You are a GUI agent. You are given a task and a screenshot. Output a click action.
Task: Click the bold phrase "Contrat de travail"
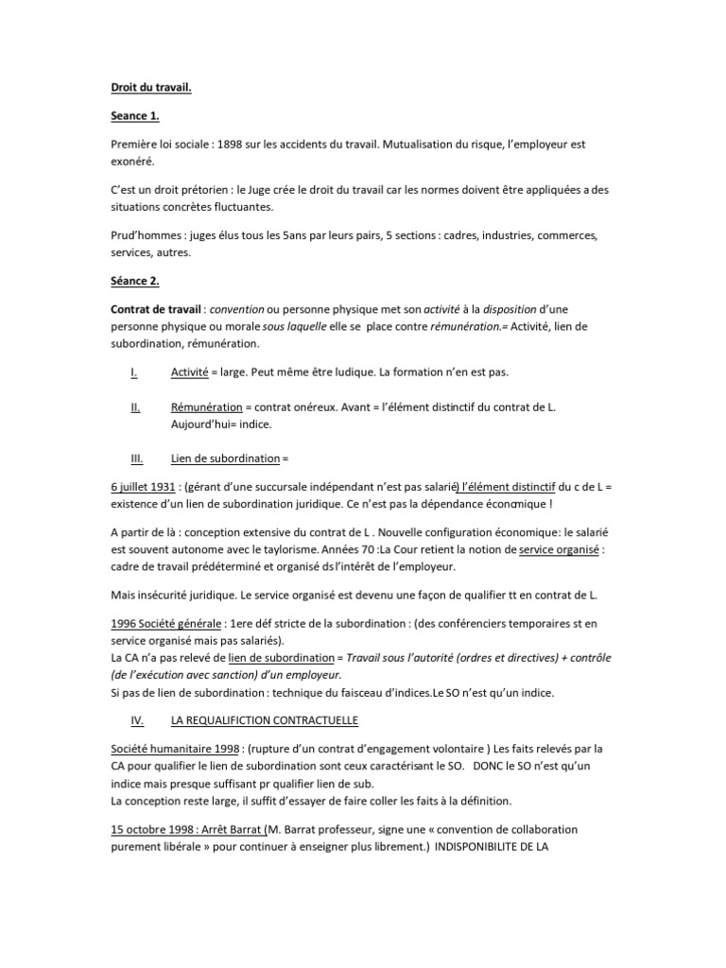[154, 310]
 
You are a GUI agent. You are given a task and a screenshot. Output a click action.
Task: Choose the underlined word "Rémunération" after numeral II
[206, 406]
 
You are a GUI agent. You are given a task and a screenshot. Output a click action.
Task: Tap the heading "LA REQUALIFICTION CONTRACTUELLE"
[265, 720]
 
